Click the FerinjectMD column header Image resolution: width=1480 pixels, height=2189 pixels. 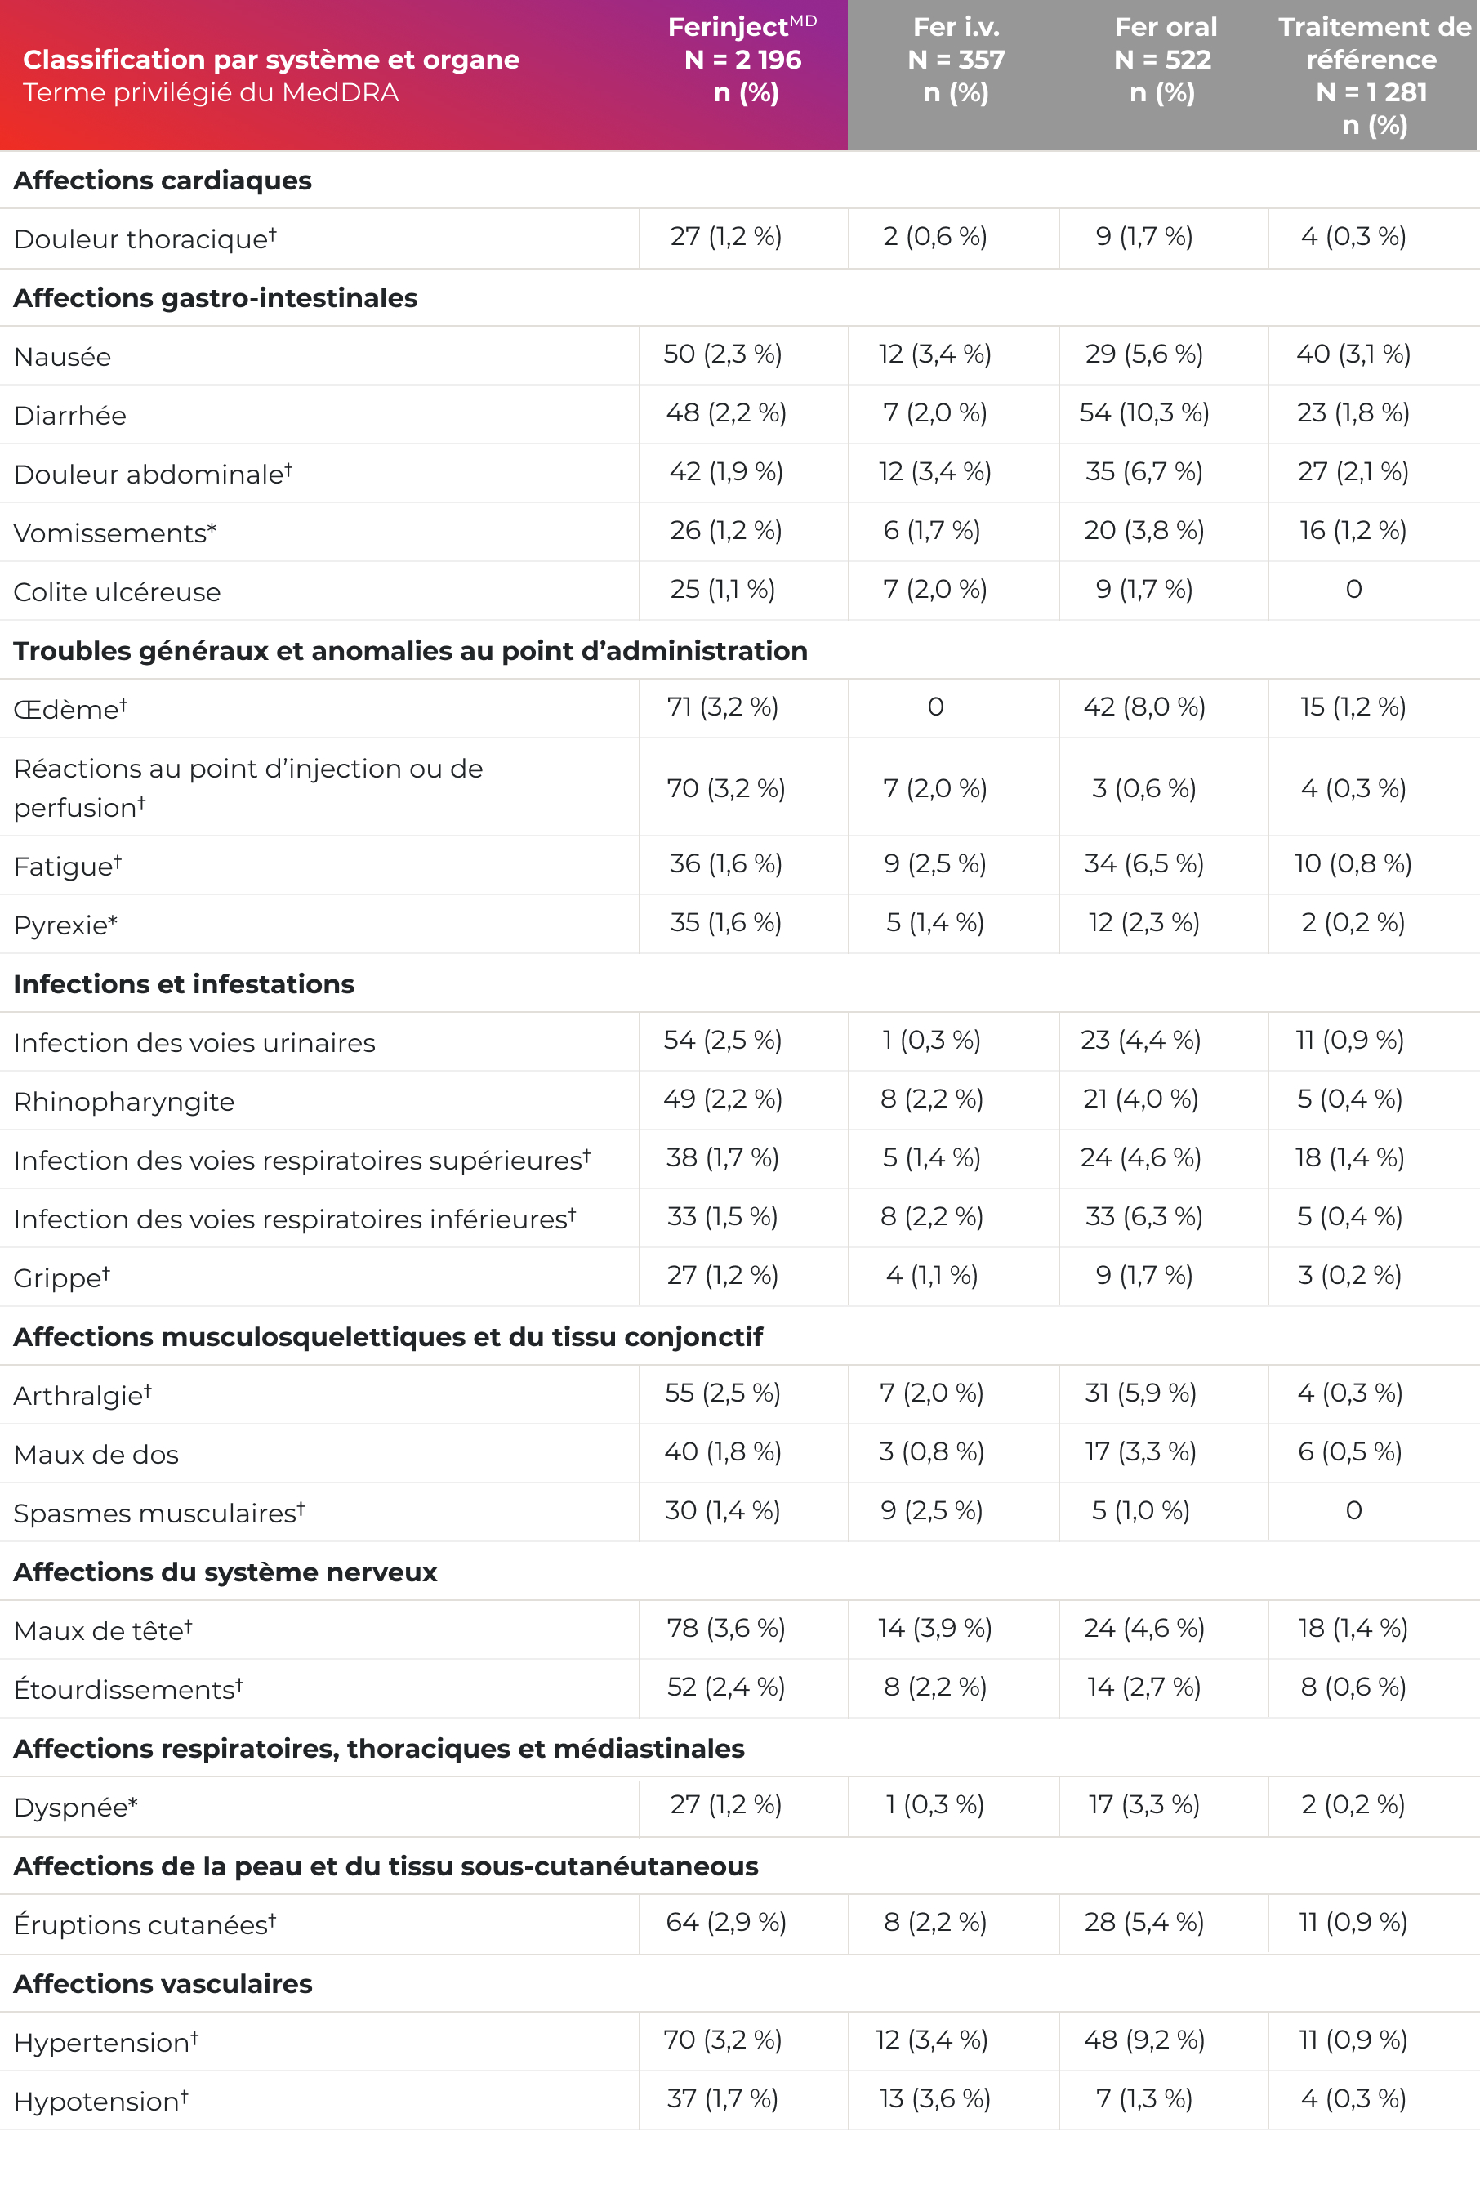tap(743, 60)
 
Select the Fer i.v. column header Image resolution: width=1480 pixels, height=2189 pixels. tap(956, 60)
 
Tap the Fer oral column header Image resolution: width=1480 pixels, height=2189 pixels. tap(1165, 60)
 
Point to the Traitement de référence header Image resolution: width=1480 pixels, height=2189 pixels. tap(1374, 75)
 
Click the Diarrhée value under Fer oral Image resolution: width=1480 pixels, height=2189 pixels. tap(1143, 413)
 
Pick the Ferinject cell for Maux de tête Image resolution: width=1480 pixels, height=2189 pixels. tap(725, 1629)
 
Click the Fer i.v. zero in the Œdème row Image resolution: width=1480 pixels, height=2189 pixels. tap(934, 707)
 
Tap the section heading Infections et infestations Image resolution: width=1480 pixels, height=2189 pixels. tap(184, 984)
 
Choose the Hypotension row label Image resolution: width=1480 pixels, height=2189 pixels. tap(100, 2102)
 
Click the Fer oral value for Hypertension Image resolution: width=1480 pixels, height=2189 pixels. tap(1143, 2040)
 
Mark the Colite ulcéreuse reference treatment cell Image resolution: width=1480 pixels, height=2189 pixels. tap(1353, 590)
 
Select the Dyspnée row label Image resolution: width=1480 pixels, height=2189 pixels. tap(75, 1808)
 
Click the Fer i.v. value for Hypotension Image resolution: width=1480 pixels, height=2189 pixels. tap(934, 2098)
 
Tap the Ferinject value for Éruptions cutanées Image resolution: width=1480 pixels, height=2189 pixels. tap(725, 1923)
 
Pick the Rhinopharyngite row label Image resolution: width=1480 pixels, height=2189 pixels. tap(123, 1102)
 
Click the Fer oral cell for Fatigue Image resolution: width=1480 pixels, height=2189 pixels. tap(1143, 863)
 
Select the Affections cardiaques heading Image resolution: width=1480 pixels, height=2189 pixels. tap(162, 181)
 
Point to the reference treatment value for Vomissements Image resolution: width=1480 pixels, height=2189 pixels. tap(1353, 531)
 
